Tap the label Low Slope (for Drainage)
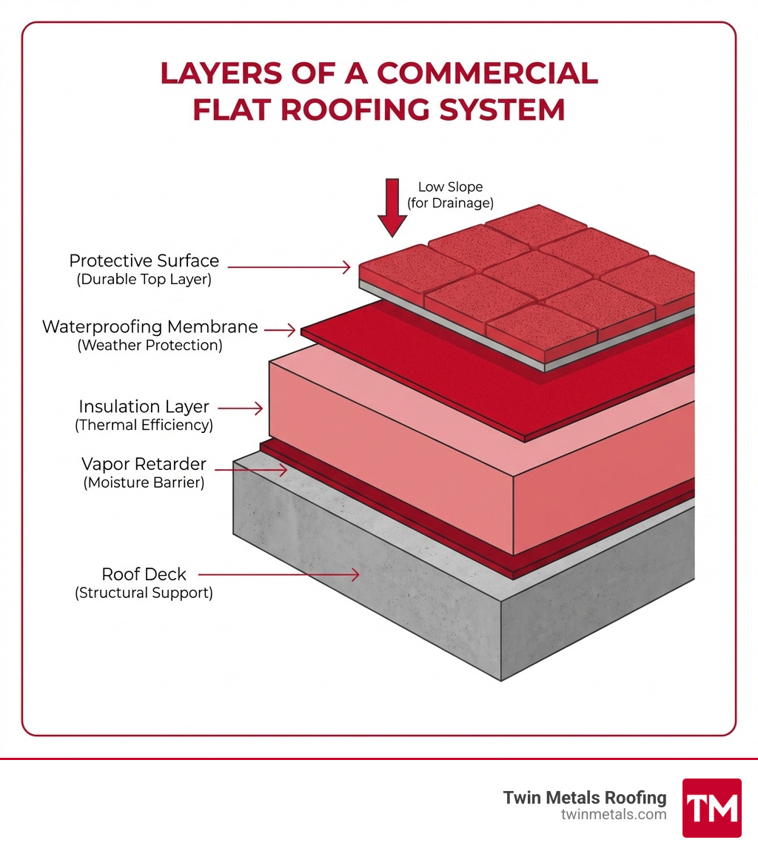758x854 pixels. pos(450,195)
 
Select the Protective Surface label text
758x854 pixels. pos(144,260)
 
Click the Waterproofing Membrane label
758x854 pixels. pos(150,326)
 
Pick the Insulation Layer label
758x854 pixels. pos(144,406)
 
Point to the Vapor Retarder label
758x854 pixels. pos(144,464)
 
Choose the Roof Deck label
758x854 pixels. pos(144,574)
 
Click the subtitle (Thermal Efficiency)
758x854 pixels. pos(144,426)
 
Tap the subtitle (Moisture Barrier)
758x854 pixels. pos(144,483)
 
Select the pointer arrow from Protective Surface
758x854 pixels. pos(289,266)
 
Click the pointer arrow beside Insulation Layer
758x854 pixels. pos(240,408)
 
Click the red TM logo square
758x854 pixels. pos(711,807)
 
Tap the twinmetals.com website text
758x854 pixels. pos(614,815)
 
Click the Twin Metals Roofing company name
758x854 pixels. pos(585,797)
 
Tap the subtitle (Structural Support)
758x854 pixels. pos(144,593)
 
